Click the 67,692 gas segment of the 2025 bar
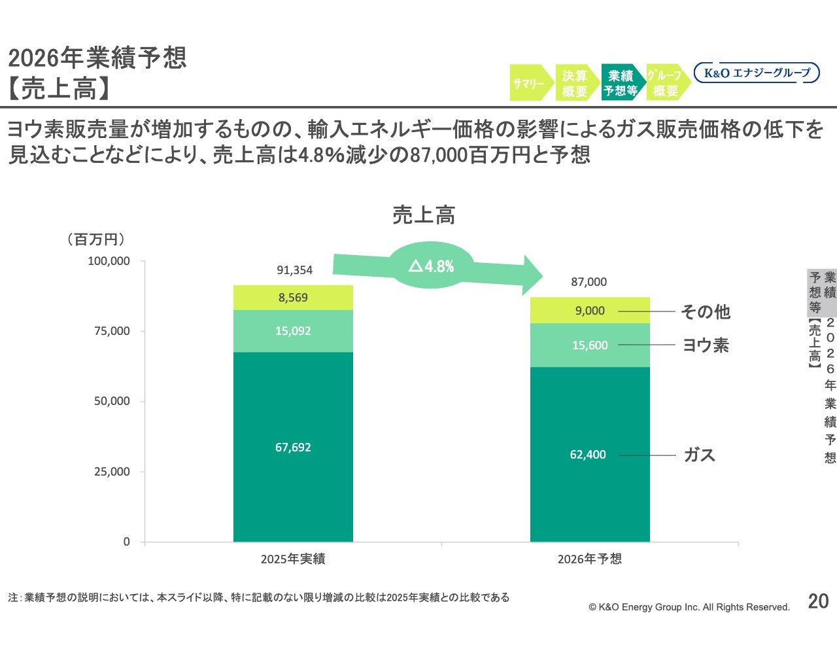pos(293,447)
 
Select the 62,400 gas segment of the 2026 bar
pos(590,454)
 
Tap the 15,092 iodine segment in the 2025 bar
pos(293,331)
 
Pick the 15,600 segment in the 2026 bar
pos(590,345)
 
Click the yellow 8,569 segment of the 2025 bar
pos(293,298)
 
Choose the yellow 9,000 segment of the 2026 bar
pos(590,311)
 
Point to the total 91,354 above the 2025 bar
pos(294,270)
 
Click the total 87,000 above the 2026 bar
pos(589,282)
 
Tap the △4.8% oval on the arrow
pos(432,266)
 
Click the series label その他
pos(706,311)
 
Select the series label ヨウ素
pos(706,345)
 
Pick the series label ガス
pos(699,455)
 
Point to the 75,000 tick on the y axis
pos(112,331)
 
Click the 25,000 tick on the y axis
pos(112,472)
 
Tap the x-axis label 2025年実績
pos(293,559)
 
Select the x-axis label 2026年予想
pos(590,559)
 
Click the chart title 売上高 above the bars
pos(424,215)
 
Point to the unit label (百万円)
pos(96,239)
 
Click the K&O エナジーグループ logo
pos(757,73)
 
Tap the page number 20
pos(818,601)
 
